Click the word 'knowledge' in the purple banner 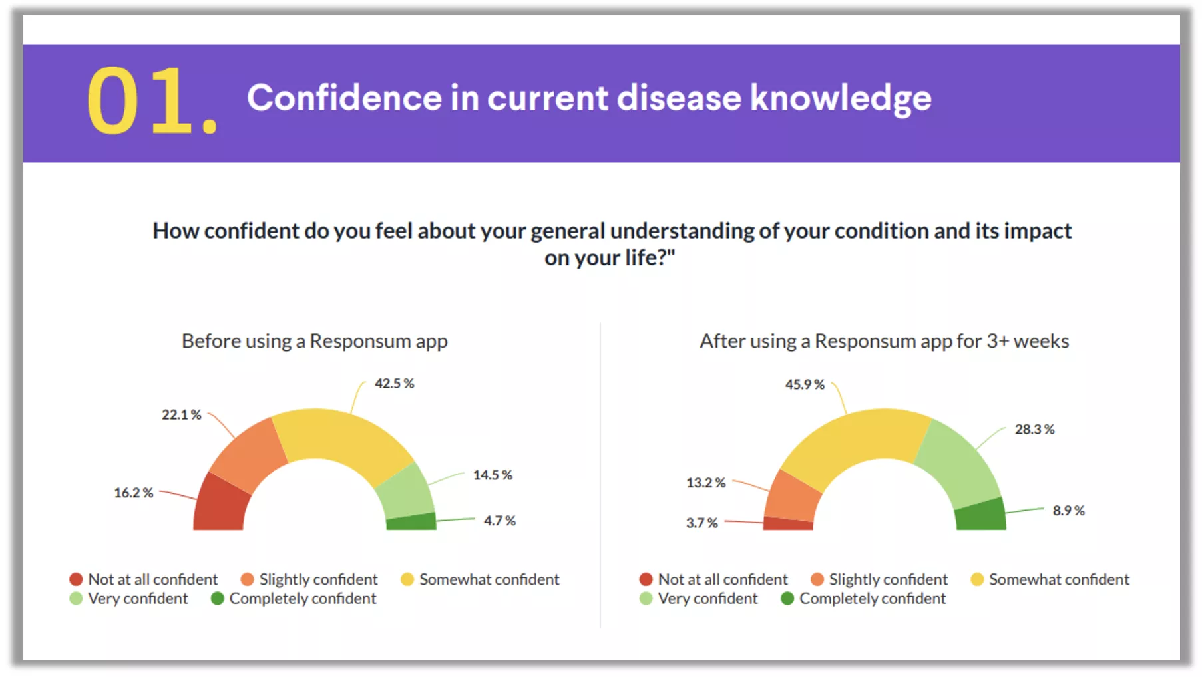(841, 98)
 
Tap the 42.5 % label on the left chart (394, 384)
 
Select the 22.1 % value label (181, 415)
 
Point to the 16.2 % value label (133, 493)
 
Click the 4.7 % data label (499, 521)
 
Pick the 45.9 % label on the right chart (804, 385)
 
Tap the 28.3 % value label (1034, 430)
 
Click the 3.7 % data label (701, 523)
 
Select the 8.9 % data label (1068, 511)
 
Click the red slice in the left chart (220, 505)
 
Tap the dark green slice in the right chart (980, 515)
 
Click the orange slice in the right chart (792, 496)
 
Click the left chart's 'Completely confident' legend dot (217, 599)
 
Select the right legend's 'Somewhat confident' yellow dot (977, 579)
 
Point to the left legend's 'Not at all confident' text (152, 579)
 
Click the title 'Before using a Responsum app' (314, 341)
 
